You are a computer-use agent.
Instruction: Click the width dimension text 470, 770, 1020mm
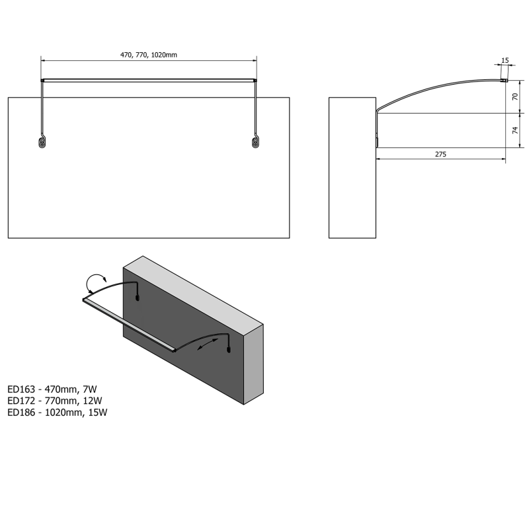(x=149, y=54)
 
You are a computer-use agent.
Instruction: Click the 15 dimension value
(x=505, y=60)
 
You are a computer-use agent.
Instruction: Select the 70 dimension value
(x=515, y=97)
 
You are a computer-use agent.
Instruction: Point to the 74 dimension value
(x=515, y=130)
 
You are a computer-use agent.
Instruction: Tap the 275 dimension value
(x=441, y=154)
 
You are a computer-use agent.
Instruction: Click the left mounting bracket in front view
(x=42, y=142)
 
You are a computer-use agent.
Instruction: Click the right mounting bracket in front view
(x=255, y=142)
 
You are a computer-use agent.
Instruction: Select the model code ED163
(x=22, y=389)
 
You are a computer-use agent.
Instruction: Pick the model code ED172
(x=22, y=401)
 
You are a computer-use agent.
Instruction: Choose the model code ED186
(x=22, y=412)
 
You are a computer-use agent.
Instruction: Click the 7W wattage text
(x=88, y=389)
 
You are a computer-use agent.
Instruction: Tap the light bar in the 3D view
(x=129, y=325)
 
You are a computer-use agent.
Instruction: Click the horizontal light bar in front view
(x=149, y=80)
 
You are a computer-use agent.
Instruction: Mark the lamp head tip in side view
(x=504, y=80)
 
